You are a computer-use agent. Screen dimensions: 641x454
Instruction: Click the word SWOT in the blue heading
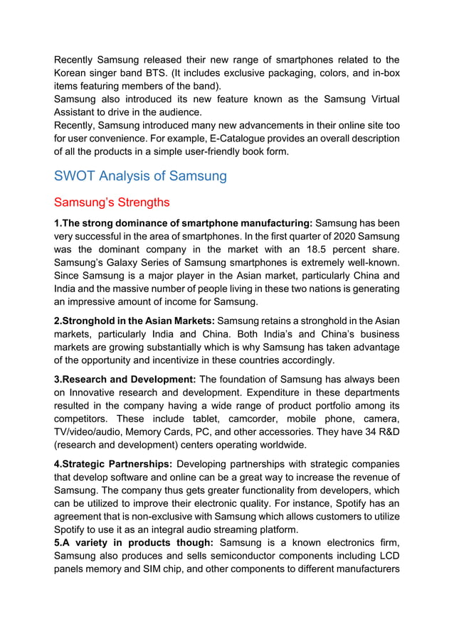tap(76, 176)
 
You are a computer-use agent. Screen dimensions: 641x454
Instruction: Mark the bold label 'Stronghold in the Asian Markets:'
tap(134, 320)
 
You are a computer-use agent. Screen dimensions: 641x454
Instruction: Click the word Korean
tap(75, 73)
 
